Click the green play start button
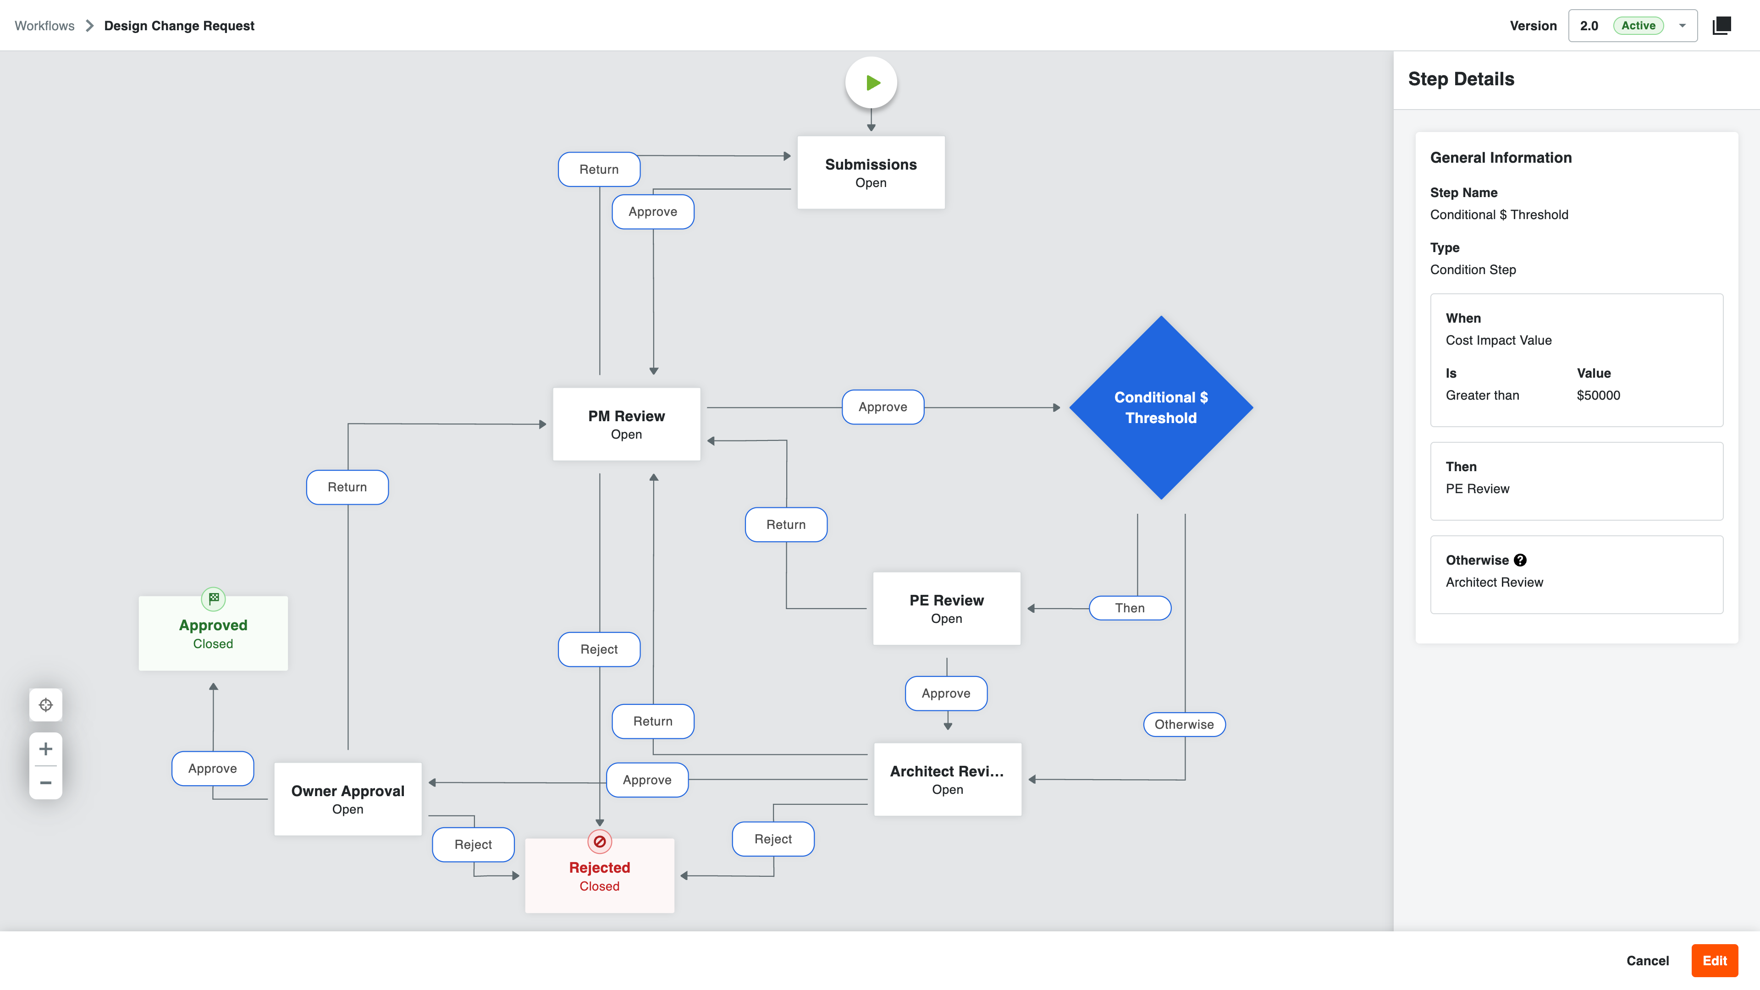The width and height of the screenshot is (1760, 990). click(x=871, y=82)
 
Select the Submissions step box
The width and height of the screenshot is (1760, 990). click(x=871, y=172)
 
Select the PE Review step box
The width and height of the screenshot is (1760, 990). click(x=946, y=608)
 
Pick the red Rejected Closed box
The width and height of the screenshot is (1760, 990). click(x=599, y=875)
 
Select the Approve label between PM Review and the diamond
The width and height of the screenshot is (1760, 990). click(x=882, y=407)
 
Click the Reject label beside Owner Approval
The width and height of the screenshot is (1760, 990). click(x=473, y=844)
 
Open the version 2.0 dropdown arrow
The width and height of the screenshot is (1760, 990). click(x=1682, y=26)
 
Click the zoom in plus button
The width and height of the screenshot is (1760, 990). click(x=46, y=749)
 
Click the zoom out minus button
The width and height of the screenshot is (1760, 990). click(x=46, y=782)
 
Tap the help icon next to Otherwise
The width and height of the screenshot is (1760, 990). click(x=1519, y=560)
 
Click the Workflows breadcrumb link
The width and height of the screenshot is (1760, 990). click(x=44, y=26)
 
